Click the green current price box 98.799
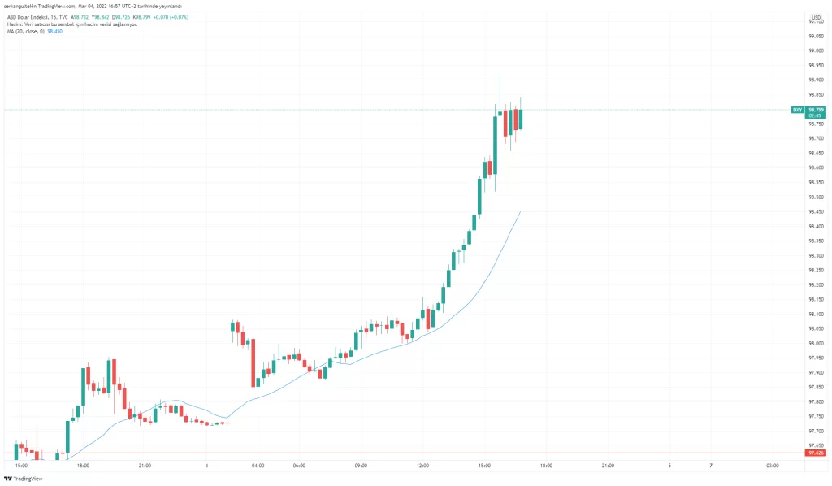point(816,109)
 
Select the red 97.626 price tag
point(815,453)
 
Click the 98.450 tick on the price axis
point(816,211)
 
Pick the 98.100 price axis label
point(816,314)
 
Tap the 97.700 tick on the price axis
point(816,431)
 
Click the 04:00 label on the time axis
point(258,466)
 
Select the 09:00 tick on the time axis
point(361,466)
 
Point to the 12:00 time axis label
point(422,466)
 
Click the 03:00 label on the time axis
point(772,466)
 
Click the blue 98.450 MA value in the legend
point(56,32)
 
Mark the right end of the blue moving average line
point(520,211)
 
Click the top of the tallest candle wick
point(500,75)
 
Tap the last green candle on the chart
point(520,119)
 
